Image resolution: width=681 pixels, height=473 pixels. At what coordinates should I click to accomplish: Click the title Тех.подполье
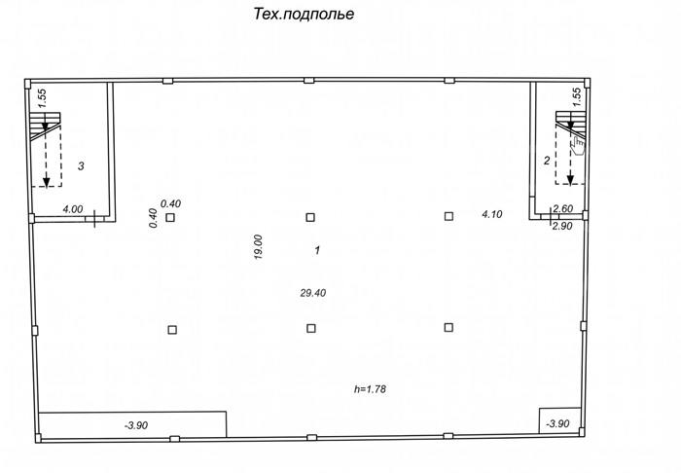coord(304,15)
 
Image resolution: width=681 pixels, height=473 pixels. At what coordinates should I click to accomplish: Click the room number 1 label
coord(317,250)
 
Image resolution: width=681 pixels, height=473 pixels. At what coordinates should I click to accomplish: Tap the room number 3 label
coord(81,165)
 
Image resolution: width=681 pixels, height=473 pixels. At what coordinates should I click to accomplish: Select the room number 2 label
coord(547,161)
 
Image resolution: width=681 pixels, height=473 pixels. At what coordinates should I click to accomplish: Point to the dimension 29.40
coord(312,293)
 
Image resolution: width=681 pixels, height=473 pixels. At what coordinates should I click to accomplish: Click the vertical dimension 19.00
coord(259,247)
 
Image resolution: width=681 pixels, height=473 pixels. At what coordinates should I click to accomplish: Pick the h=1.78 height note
coord(370,388)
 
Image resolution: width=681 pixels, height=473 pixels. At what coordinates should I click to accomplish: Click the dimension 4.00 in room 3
coord(73,209)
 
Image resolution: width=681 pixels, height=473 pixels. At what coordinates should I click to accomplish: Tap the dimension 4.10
coord(492,214)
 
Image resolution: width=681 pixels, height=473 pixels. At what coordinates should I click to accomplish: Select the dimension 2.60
coord(563,208)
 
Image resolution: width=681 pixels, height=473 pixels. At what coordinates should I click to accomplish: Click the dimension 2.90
coord(562,226)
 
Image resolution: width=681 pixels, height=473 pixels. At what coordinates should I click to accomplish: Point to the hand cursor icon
coord(578,146)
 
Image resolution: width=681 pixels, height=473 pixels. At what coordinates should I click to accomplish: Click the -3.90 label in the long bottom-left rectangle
coord(136,425)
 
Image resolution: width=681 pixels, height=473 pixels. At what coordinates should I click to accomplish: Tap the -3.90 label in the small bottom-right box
coord(557,423)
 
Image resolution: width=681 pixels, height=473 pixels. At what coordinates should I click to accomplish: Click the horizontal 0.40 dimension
coord(170,203)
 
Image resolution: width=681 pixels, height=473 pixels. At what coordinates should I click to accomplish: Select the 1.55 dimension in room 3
coord(42,98)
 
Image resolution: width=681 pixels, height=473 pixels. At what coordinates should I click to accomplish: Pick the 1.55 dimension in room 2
coord(576,97)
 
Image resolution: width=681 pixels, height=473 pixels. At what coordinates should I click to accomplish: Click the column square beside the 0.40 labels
coord(170,217)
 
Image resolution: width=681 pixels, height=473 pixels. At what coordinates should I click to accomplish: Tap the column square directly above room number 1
coord(310,217)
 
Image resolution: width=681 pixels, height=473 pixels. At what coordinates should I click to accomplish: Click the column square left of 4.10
coord(448,216)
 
